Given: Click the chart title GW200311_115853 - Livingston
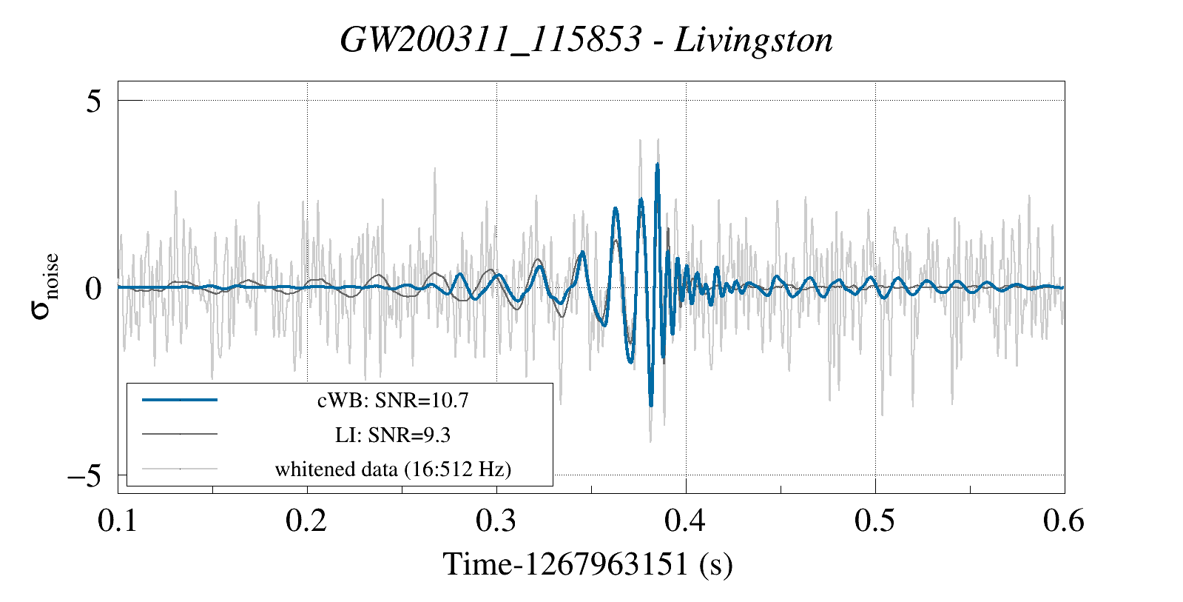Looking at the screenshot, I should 586,40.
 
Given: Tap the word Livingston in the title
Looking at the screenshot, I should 753,40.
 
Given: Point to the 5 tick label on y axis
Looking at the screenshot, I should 93,101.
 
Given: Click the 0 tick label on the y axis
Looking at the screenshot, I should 93,288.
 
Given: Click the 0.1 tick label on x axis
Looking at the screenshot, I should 118,521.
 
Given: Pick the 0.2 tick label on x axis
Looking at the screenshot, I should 307,521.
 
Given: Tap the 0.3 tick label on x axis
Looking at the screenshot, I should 496,521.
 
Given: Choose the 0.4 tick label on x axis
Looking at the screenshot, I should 686,521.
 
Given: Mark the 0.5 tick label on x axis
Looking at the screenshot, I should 875,521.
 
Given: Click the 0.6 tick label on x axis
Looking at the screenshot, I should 1064,521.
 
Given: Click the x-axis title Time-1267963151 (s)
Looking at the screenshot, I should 588,564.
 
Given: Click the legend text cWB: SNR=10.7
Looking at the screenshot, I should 393,401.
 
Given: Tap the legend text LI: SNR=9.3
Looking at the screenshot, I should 393,435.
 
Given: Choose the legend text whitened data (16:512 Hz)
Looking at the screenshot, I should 393,469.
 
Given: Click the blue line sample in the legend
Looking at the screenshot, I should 180,400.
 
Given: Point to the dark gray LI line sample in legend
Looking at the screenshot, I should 180,434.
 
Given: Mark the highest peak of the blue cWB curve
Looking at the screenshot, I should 657,165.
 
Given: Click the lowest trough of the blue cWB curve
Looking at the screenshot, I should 651,405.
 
